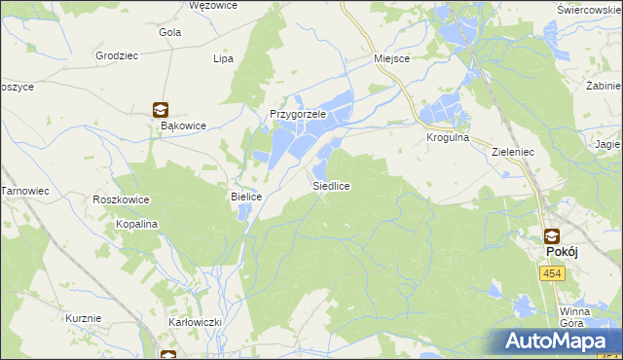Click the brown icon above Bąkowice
click(160, 110)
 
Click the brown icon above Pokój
click(551, 234)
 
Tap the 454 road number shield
click(551, 275)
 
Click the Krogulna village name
click(447, 138)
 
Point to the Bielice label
click(246, 197)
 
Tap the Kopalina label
click(138, 224)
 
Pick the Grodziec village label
click(117, 55)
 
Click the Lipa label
click(223, 58)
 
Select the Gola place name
click(169, 32)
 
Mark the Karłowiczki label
click(196, 321)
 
